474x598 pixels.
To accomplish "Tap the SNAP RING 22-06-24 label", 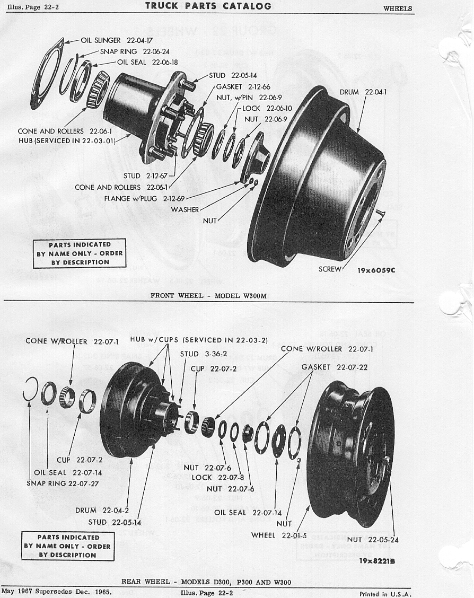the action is (135, 51).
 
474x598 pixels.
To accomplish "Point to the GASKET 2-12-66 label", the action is (243, 86).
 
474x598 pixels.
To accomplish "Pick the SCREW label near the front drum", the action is (330, 269).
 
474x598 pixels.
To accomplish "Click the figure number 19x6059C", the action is (376, 270).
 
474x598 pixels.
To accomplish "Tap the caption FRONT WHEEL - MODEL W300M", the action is (208, 296).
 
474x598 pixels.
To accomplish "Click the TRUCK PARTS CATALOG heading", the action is (208, 6).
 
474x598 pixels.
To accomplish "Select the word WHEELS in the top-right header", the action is (398, 8).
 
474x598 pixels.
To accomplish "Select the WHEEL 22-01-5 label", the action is (279, 535).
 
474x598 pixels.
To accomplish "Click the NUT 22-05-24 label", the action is (373, 540).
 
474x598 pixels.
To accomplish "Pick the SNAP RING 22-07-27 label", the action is (63, 483).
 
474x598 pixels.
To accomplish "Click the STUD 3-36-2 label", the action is (203, 354).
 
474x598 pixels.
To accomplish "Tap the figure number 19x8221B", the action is (377, 561).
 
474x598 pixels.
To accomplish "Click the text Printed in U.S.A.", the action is (385, 594).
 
